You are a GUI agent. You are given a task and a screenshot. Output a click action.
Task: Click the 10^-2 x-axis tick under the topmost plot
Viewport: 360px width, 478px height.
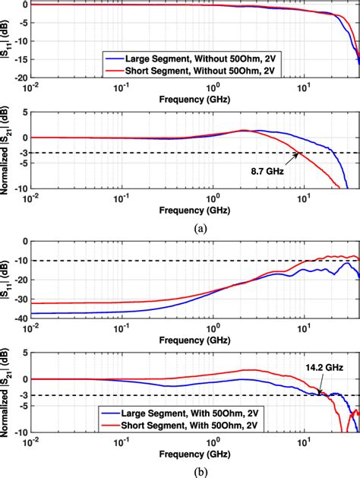pos(30,88)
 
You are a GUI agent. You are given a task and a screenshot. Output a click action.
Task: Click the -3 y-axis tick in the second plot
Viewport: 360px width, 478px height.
pos(23,153)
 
